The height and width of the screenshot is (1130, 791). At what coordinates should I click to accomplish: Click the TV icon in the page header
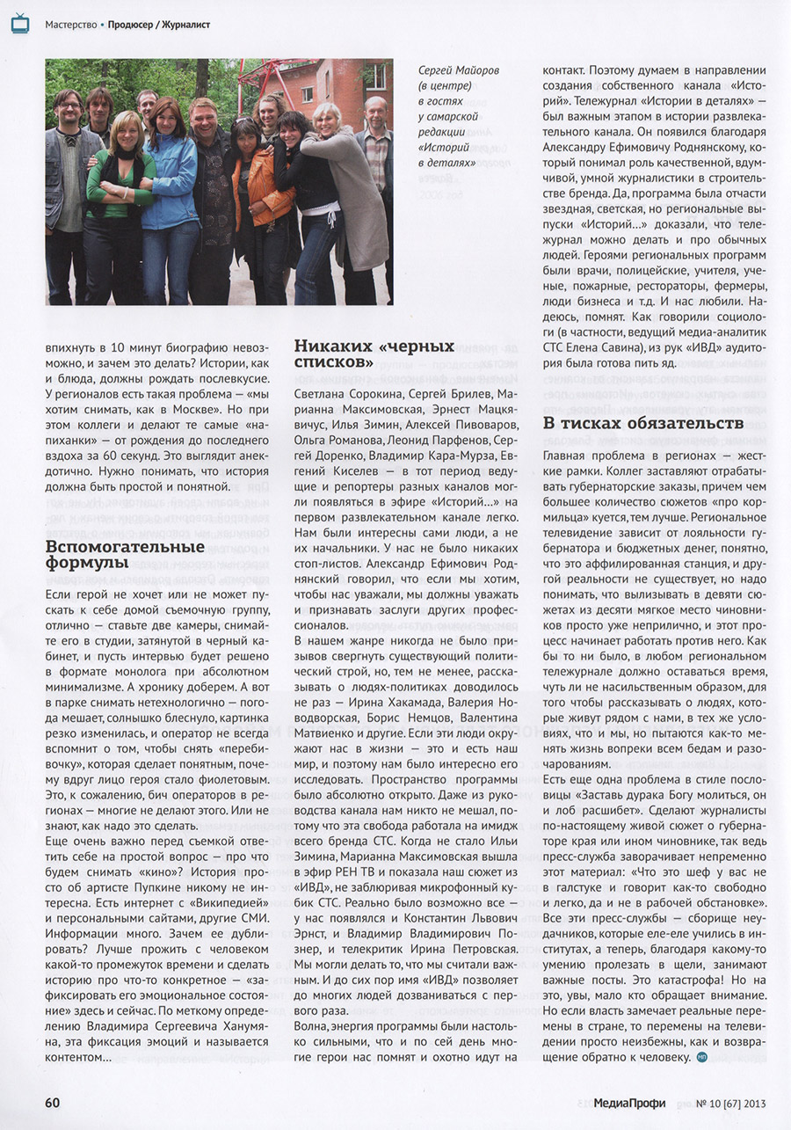click(19, 24)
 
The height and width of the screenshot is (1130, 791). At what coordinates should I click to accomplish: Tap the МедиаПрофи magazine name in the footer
click(628, 1103)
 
